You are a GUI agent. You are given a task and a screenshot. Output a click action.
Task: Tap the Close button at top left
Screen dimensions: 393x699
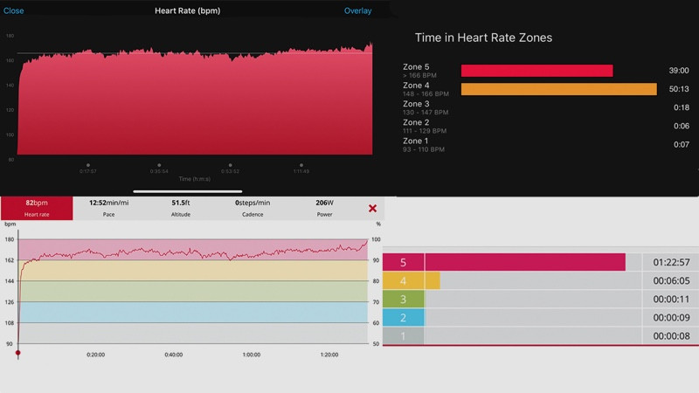(14, 11)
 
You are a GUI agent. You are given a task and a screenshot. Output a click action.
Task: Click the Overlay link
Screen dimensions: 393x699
(357, 11)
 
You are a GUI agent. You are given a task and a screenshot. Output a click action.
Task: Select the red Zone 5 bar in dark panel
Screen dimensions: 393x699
(536, 71)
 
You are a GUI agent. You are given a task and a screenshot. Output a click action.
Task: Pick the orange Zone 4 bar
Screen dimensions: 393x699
(558, 89)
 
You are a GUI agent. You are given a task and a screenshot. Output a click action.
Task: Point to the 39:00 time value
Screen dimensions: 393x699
(678, 71)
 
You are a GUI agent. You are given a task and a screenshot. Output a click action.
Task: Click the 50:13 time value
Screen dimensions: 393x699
(678, 89)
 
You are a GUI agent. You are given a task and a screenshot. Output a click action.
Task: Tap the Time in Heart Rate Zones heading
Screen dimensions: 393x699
(483, 38)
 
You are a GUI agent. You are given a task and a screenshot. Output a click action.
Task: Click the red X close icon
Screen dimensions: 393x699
(372, 208)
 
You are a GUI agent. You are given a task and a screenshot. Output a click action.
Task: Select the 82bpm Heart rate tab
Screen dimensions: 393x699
(36, 207)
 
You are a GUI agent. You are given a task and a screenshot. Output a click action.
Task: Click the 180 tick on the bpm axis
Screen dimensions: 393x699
(10, 239)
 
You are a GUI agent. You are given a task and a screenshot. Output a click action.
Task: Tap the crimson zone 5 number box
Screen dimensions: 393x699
(403, 262)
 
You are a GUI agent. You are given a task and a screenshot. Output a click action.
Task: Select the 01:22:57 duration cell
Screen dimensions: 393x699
(670, 262)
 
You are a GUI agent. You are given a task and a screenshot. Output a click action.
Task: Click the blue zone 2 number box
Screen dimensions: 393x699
(403, 318)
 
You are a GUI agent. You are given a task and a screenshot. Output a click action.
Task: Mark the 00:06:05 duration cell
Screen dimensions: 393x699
(670, 280)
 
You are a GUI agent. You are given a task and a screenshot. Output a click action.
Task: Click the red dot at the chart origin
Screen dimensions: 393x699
(18, 352)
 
